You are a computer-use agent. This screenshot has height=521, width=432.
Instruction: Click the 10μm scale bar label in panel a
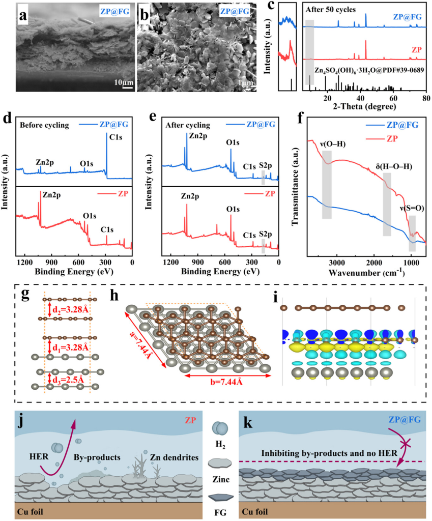click(124, 81)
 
